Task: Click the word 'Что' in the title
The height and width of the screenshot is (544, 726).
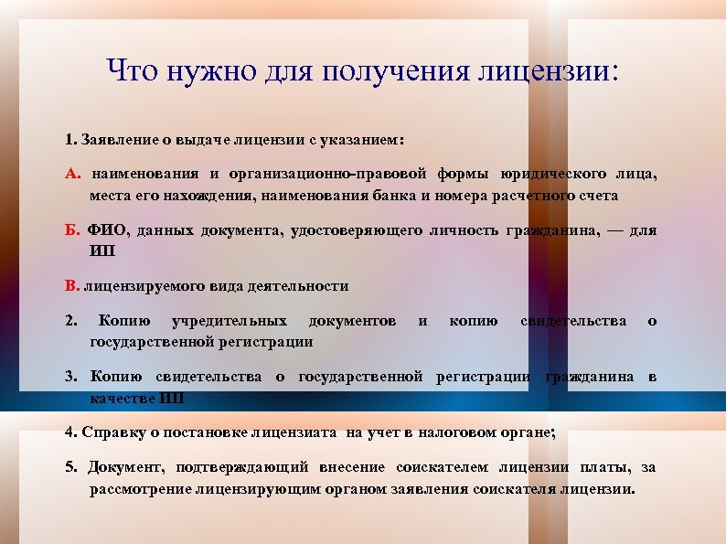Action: pyautogui.click(x=133, y=70)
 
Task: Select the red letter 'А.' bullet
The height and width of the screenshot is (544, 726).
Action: pyautogui.click(x=73, y=173)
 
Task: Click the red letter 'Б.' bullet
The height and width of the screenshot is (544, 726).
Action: pyautogui.click(x=73, y=229)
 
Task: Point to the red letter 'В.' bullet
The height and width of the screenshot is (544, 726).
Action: pyautogui.click(x=73, y=285)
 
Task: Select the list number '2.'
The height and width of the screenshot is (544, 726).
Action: pyautogui.click(x=71, y=321)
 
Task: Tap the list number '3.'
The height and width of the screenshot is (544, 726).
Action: pyautogui.click(x=71, y=377)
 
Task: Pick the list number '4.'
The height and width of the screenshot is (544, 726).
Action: pyautogui.click(x=71, y=432)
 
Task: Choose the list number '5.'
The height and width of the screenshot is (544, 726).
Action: pyautogui.click(x=71, y=467)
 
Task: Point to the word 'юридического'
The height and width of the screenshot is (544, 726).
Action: pyautogui.click(x=556, y=173)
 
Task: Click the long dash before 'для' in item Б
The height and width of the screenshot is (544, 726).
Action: pyautogui.click(x=614, y=229)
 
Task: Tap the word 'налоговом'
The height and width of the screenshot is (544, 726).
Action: pyautogui.click(x=443, y=432)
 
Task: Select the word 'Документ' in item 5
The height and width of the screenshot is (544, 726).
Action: pyautogui.click(x=123, y=467)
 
